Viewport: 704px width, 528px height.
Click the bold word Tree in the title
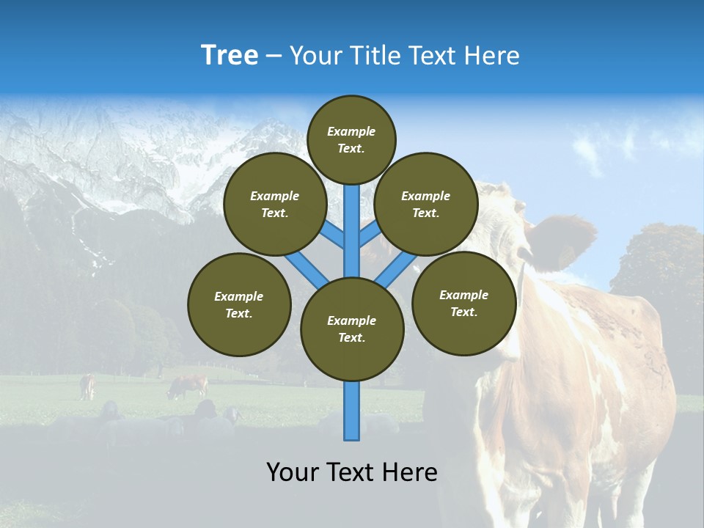click(230, 56)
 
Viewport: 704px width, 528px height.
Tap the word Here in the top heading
click(492, 56)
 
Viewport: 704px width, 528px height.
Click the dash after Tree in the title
click(274, 57)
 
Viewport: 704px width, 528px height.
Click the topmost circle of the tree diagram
click(351, 139)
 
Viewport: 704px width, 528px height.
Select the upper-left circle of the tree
click(274, 204)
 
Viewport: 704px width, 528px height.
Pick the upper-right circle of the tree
click(425, 204)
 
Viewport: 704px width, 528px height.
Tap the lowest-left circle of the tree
click(239, 304)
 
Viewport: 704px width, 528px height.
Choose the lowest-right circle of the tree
click(463, 303)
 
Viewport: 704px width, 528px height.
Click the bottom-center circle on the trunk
click(352, 329)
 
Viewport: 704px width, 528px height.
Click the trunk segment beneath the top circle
click(352, 220)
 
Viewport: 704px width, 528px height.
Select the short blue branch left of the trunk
click(331, 236)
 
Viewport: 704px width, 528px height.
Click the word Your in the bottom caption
click(292, 472)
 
